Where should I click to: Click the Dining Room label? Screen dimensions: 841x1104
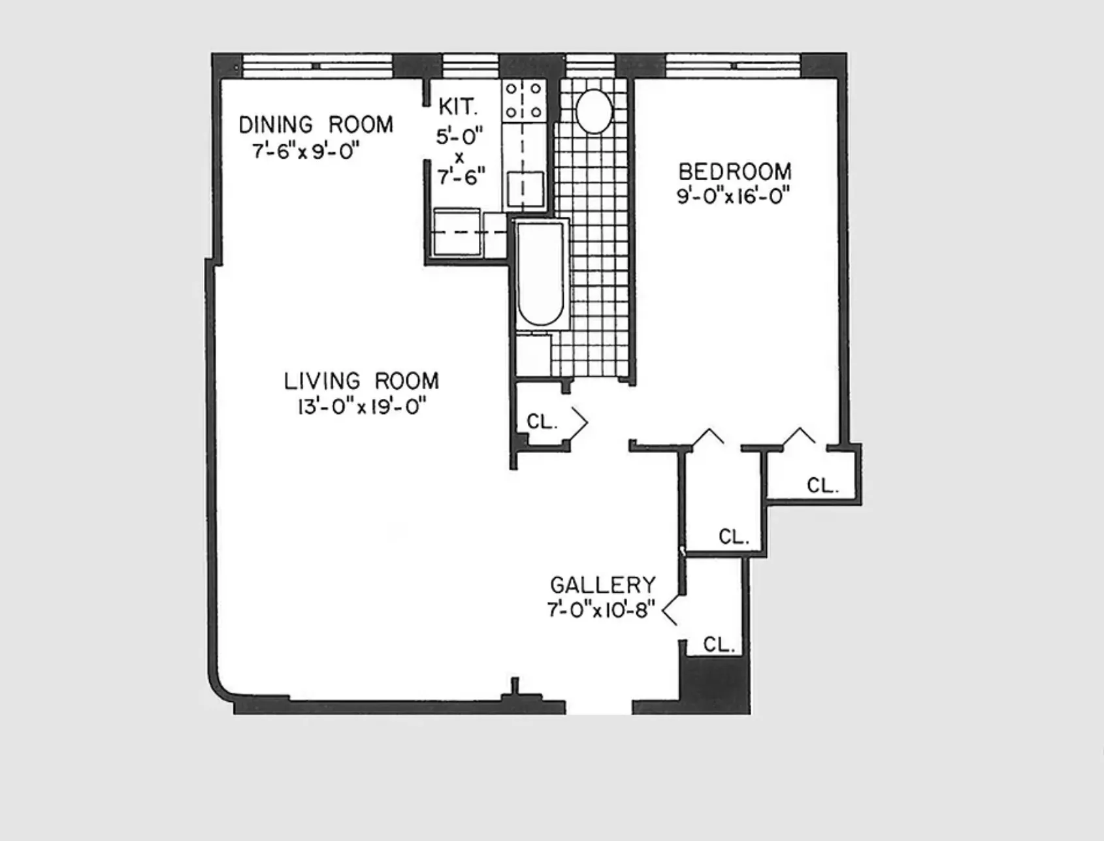(x=316, y=124)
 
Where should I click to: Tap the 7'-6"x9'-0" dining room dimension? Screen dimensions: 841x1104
(x=306, y=151)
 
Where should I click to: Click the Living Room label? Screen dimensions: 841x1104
(x=361, y=381)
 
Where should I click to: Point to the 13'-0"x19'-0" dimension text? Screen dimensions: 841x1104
(x=361, y=407)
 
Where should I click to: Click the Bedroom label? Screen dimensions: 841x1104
(x=735, y=172)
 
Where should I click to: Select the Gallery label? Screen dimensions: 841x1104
(x=603, y=584)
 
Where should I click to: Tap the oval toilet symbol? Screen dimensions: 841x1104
(x=594, y=112)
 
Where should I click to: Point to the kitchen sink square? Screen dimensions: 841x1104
(x=525, y=189)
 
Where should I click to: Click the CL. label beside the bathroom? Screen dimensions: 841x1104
(x=542, y=422)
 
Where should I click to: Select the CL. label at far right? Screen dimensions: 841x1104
(x=822, y=486)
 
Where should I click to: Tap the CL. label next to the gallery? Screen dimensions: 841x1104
(x=719, y=645)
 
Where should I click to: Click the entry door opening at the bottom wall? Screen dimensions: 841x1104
(x=598, y=707)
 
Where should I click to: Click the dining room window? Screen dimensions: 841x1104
(x=317, y=66)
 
